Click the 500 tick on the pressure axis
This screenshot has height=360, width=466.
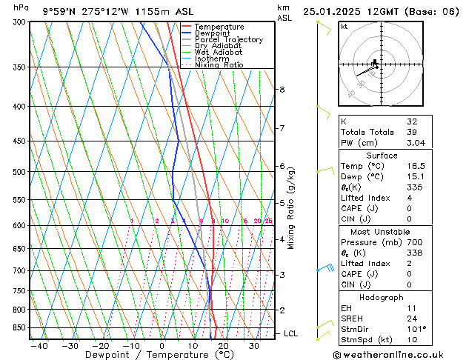[x=20, y=172]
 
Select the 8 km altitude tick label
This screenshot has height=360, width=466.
[x=282, y=90]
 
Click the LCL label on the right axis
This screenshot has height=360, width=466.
[x=290, y=334]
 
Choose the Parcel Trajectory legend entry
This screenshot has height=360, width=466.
[x=228, y=40]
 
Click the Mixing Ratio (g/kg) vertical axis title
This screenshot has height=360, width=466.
[x=291, y=208]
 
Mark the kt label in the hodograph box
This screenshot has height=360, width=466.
[x=344, y=27]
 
